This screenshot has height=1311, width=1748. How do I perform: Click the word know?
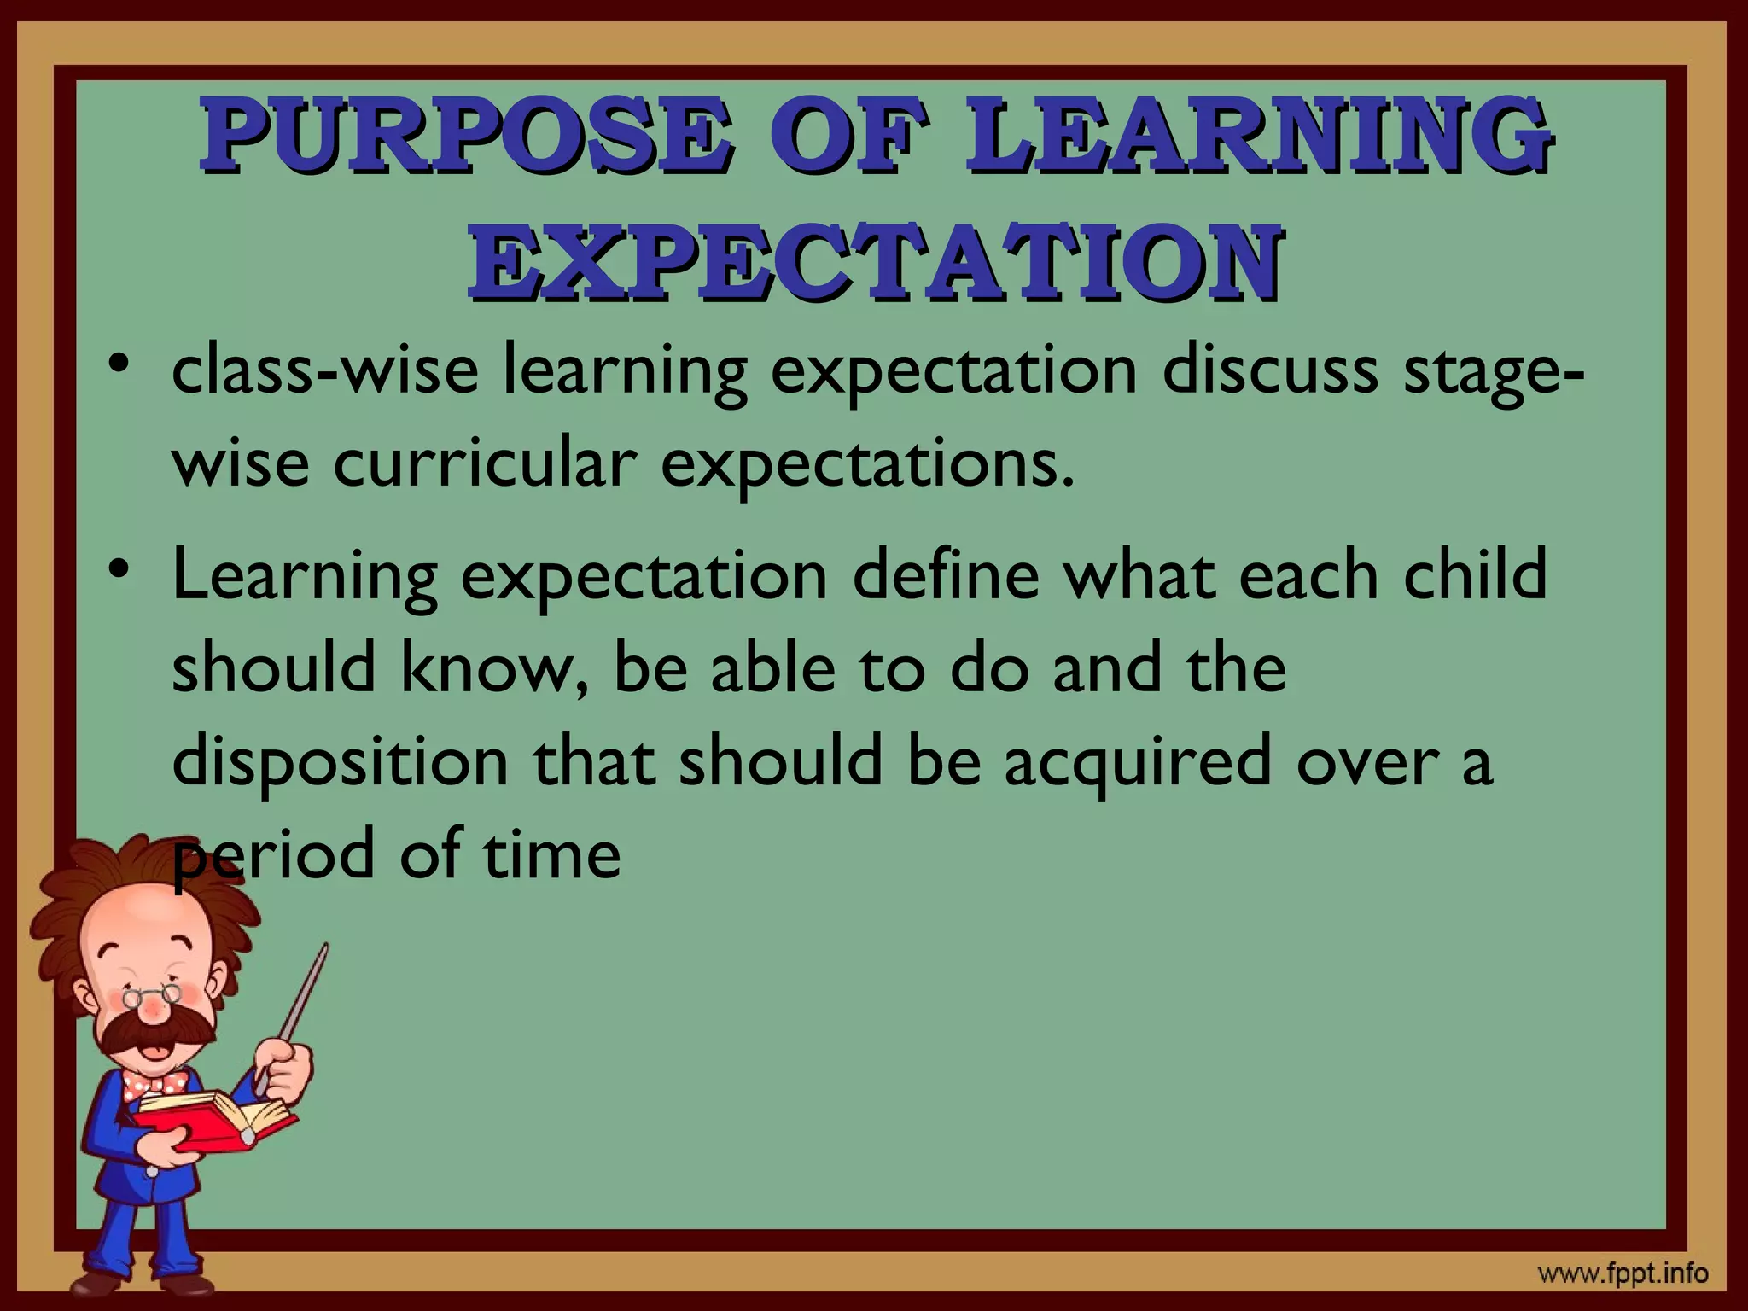point(495,668)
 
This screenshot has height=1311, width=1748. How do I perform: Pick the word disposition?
point(341,761)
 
